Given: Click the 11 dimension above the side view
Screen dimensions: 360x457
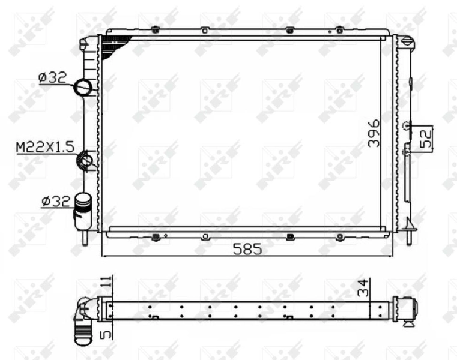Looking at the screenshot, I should point(106,282).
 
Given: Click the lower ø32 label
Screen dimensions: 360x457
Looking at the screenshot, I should point(55,202).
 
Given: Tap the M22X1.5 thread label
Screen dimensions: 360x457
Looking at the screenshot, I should point(44,146).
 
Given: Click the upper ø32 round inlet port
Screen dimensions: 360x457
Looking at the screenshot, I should point(83,88).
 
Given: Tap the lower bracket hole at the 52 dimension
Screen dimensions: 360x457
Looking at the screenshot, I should point(408,152).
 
